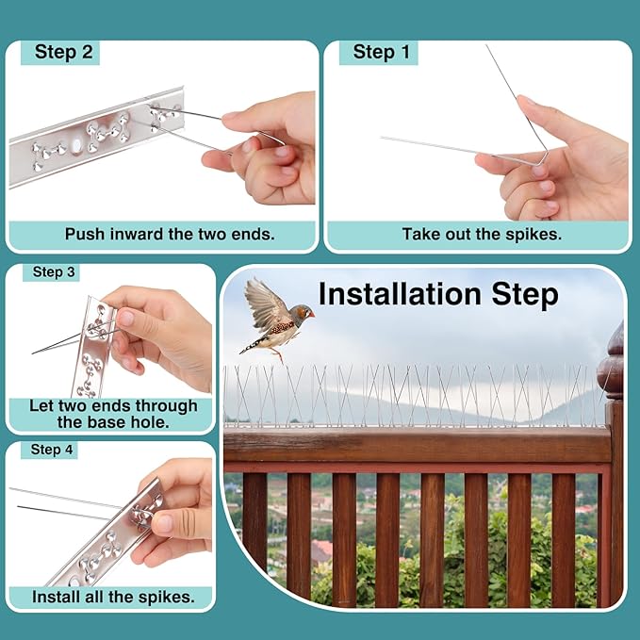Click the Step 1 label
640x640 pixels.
381,52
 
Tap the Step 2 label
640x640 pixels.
63,52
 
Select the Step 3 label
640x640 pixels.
54,272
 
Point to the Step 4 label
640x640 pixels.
52,450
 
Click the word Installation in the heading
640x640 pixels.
402,294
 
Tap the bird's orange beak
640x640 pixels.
310,312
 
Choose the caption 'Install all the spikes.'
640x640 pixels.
113,597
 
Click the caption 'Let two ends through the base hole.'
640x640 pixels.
113,414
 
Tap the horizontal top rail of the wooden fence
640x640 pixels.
415,446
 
